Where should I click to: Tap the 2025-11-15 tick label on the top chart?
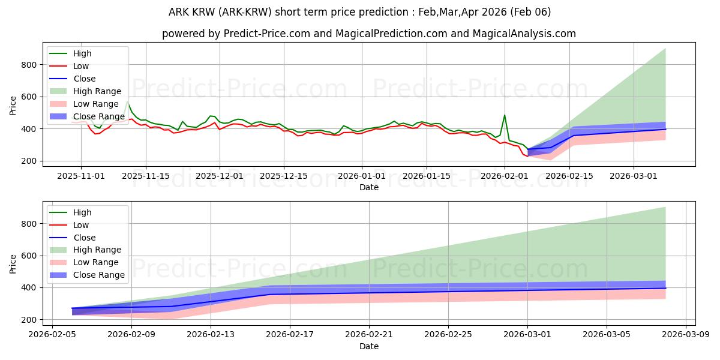tap(146, 176)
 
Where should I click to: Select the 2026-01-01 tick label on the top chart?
tap(361, 176)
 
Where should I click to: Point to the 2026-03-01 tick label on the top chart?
tap(634, 176)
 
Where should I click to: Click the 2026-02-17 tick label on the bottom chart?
tap(290, 335)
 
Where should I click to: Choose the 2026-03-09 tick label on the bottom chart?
tap(686, 335)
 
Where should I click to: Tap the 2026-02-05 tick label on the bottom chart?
tap(52, 335)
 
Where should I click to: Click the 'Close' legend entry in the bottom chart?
tap(85, 238)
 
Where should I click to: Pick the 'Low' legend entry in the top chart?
tap(81, 66)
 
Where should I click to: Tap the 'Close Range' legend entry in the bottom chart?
tap(98, 275)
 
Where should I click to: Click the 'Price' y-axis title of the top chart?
tap(13, 105)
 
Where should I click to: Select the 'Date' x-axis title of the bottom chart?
tap(368, 346)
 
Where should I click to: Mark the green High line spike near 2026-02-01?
tap(505, 115)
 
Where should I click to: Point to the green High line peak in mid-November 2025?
tap(127, 102)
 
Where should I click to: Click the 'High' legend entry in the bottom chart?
tap(82, 212)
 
